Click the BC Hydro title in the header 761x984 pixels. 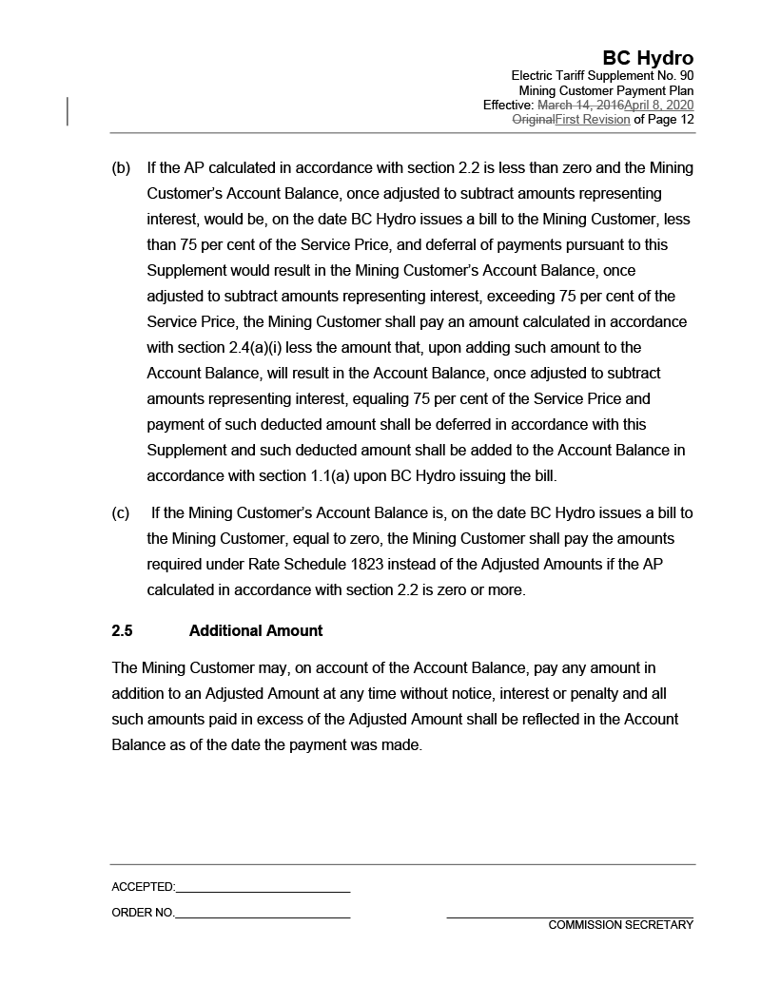[x=647, y=58]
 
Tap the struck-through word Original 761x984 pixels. [x=533, y=120]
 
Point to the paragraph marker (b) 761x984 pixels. [x=121, y=168]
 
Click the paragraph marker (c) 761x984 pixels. [x=121, y=513]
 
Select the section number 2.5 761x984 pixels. [x=122, y=631]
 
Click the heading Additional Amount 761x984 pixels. [x=256, y=631]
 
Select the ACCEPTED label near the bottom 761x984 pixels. [x=143, y=887]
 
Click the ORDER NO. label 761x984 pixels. [x=143, y=913]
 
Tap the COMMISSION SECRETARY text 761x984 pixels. [x=620, y=925]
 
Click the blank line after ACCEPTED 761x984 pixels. [x=263, y=891]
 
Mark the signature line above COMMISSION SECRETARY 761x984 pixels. [x=570, y=917]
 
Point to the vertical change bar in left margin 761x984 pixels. [x=68, y=111]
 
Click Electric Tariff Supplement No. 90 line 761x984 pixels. [x=602, y=76]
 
